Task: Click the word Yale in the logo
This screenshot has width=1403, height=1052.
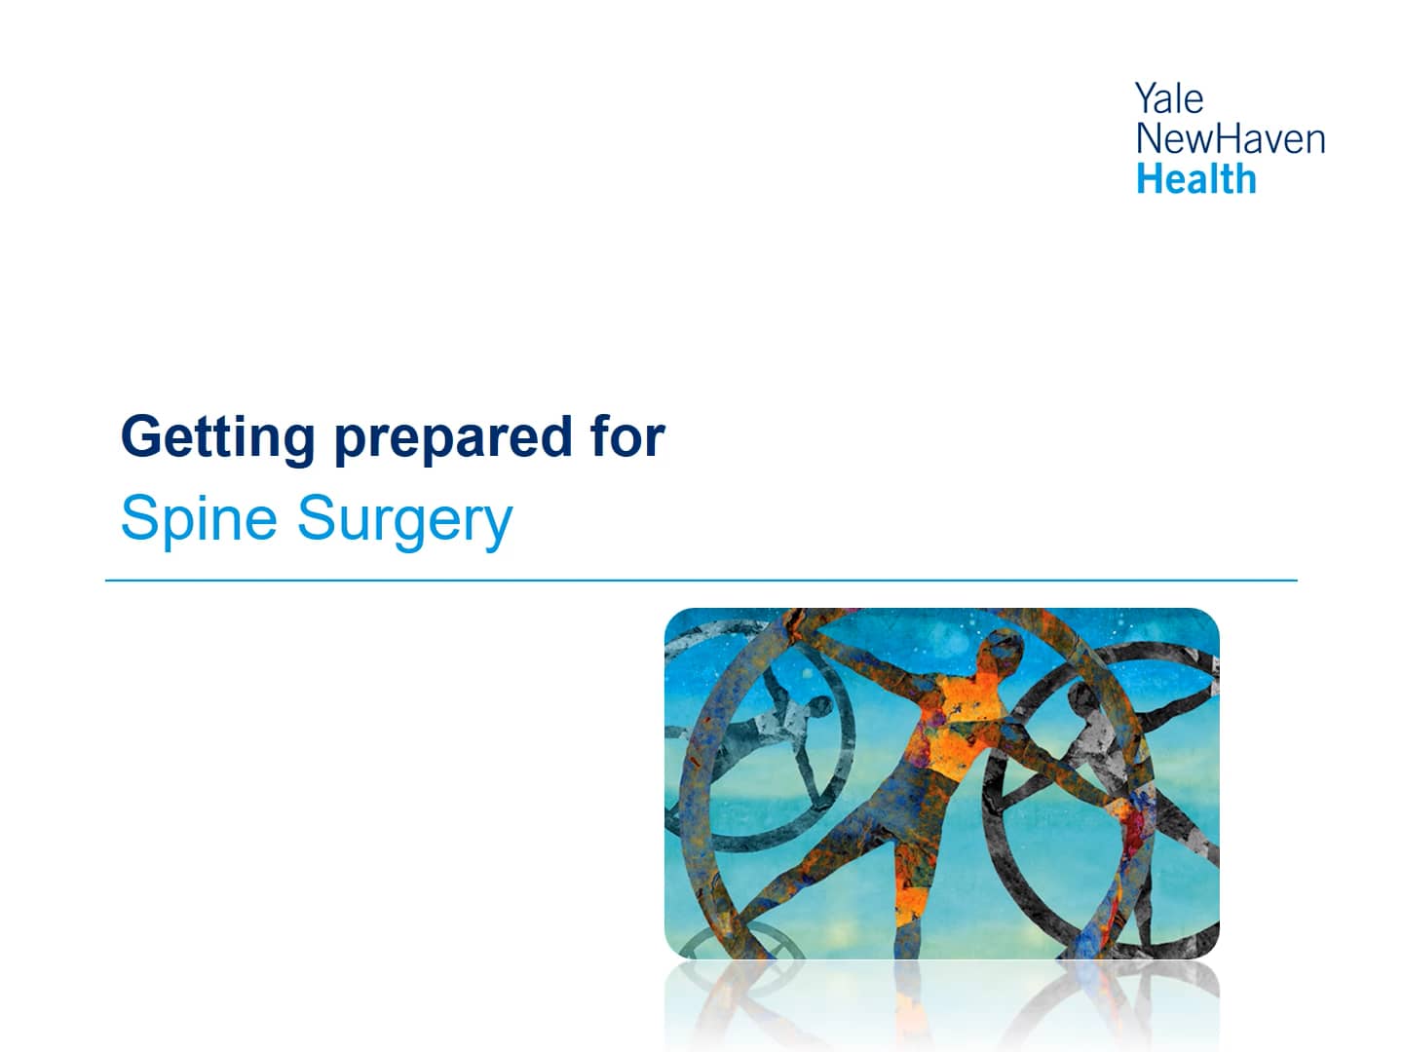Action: tap(1168, 98)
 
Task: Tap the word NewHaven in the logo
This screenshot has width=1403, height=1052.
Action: tap(1230, 138)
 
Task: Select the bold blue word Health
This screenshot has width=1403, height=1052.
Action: tap(1195, 179)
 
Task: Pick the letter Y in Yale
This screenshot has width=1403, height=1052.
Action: tap(1144, 98)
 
